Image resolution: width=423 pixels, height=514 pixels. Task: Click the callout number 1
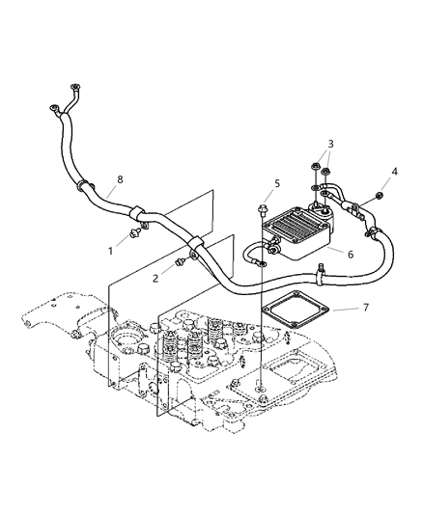[111, 251]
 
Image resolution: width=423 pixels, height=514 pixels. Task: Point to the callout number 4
[394, 173]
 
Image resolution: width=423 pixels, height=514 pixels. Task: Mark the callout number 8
[121, 179]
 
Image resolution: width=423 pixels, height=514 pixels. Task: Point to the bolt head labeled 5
[264, 206]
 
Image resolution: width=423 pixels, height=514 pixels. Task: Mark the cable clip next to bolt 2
[195, 243]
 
